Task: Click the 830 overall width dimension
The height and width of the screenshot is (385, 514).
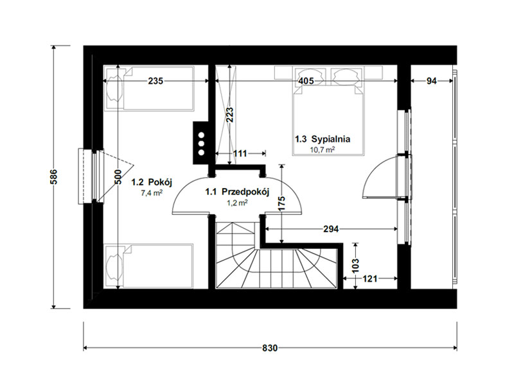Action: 270,348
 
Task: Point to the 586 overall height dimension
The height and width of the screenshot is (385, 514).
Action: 54,177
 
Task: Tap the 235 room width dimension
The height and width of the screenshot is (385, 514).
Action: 155,81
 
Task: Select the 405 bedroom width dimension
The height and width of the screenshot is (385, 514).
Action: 306,81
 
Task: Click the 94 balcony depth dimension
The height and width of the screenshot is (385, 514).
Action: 431,81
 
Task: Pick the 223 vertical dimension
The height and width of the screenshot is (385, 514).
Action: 231,115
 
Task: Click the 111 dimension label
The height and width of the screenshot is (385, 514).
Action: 240,153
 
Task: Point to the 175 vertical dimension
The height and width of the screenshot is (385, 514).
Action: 281,203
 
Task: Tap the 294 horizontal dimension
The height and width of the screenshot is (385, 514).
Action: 331,229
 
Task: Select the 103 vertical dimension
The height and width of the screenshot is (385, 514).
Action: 356,266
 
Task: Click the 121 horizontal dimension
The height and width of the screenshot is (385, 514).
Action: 370,278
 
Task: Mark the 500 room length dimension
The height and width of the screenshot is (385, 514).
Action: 118,176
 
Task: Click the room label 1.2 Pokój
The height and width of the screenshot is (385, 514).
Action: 152,182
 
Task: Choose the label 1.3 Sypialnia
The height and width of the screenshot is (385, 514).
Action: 323,139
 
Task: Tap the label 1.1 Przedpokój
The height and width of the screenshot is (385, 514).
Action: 237,192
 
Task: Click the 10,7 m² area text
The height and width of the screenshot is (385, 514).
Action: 323,150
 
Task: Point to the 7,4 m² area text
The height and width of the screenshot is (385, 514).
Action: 152,193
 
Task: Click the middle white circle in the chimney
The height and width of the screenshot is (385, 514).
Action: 201,144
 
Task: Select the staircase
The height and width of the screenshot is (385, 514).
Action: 276,255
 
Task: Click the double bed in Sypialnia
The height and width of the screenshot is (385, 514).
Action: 328,111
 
